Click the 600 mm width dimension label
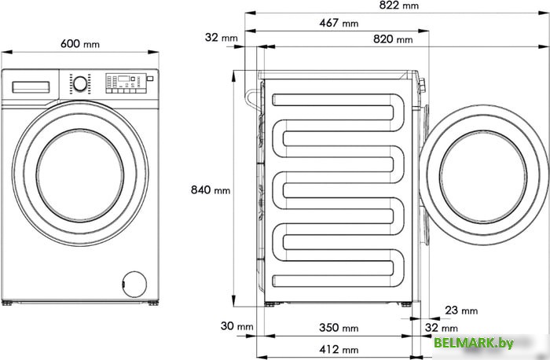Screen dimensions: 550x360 point(80,44)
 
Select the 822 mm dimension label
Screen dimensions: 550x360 point(399,6)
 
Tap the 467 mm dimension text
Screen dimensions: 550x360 point(339,23)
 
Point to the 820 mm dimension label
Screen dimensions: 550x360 point(393,39)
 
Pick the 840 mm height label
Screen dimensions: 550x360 point(211,189)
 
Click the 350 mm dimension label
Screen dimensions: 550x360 point(339,328)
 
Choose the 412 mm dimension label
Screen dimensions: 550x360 point(339,350)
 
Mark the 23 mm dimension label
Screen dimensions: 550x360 point(461,310)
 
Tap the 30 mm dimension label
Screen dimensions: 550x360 point(236,326)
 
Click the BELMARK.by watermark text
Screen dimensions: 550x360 point(474,343)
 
